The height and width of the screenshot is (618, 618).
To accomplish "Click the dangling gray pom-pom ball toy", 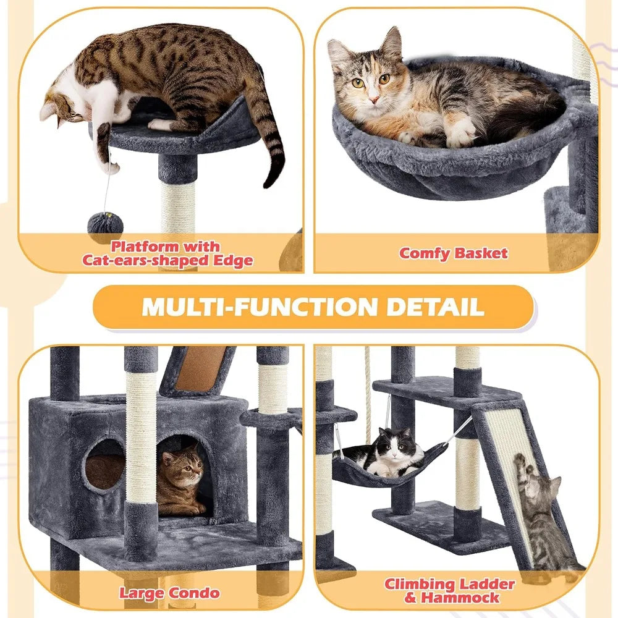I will point(105,226).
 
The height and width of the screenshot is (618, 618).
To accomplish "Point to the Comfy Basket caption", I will point(454,253).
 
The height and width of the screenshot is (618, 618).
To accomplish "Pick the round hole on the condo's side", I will point(103,464).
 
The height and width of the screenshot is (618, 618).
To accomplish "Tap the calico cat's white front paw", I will point(462,133).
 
